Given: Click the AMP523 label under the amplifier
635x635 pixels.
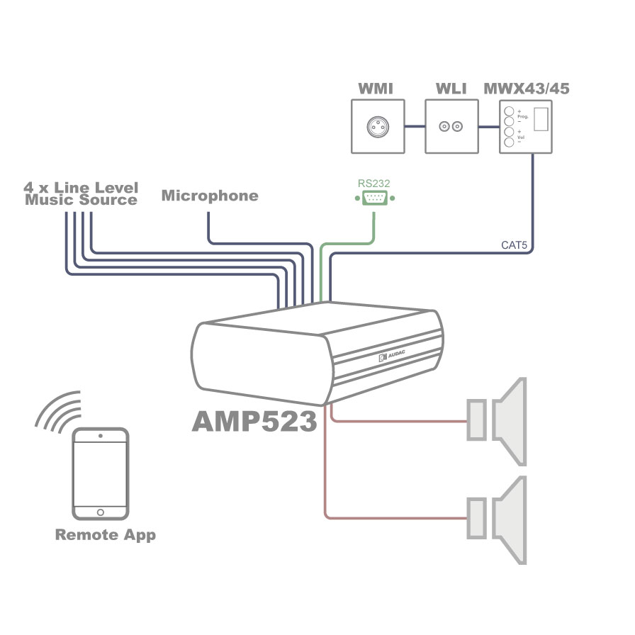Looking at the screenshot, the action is pos(254,421).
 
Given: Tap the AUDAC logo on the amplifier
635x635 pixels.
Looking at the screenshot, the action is pos(391,356).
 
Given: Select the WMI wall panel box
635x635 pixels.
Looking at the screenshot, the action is pos(378,126).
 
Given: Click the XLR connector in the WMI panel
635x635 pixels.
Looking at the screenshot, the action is pos(378,126).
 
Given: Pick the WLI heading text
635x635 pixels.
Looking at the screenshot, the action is pos(451,89).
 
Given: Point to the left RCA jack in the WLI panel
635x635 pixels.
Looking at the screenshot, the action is pos(444,127).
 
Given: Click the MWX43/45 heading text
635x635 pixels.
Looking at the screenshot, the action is pos(527,89).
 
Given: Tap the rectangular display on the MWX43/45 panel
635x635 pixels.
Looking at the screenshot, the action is pos(541,119).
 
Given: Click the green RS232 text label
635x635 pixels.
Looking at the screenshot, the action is pos(373,184).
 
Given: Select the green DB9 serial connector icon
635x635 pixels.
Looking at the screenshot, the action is pos(375,198).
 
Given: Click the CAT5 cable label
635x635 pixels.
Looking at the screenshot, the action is pos(515,245).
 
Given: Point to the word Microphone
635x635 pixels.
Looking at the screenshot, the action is pos(210,196).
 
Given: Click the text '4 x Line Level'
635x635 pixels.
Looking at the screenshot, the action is pos(81,187).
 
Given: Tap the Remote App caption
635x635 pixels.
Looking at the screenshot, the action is pos(106,535).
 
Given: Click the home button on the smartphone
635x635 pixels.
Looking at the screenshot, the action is pos(101,512).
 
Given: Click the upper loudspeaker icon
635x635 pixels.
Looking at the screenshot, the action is pos(497,421).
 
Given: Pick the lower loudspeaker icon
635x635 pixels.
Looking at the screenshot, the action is pos(497,520).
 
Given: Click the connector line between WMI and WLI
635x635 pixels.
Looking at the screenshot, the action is pos(415,127).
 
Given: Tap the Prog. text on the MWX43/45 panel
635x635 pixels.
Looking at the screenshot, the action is pos(523,117).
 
